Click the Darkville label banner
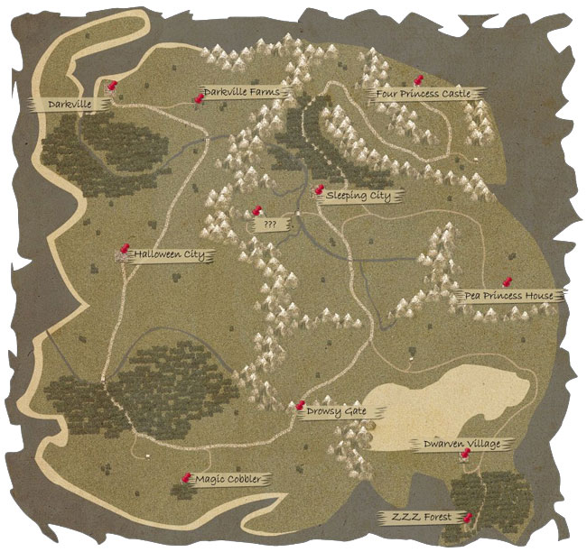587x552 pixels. tap(70, 105)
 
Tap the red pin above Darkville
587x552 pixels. tap(113, 86)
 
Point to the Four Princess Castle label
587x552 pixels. tap(425, 93)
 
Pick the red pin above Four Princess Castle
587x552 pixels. tap(417, 81)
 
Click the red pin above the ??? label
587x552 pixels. tap(256, 212)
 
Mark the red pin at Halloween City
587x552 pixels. tap(126, 250)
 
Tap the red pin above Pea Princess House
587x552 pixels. tap(508, 281)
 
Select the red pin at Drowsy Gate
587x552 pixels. tap(301, 406)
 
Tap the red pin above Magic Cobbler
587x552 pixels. tap(187, 476)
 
